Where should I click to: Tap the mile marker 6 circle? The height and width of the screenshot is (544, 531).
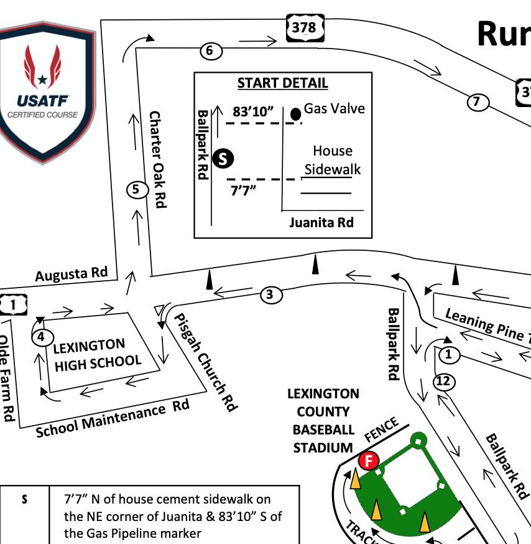pos(210,51)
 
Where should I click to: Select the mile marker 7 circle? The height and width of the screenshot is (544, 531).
pos(477,101)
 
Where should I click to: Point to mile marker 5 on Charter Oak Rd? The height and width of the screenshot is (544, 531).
pos(136,189)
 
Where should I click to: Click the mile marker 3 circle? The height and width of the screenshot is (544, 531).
pos(270,294)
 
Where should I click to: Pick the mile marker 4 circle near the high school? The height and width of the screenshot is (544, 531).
pos(41,337)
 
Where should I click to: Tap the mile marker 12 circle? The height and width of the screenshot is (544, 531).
pos(443,381)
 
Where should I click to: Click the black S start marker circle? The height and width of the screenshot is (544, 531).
pos(223,159)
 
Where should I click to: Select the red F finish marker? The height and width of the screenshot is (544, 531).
pos(369,461)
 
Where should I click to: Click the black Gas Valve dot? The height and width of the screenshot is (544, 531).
pos(296,113)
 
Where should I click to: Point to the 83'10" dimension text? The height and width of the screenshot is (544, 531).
pos(254,112)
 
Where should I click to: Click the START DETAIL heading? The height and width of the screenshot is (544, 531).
pos(283,83)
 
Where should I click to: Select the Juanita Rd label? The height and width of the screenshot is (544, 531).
pos(321,222)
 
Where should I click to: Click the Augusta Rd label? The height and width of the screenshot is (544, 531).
pos(72,274)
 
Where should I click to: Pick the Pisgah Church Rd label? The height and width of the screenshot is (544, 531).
pos(205,361)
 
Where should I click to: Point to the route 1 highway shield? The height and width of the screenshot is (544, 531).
pos(12,304)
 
